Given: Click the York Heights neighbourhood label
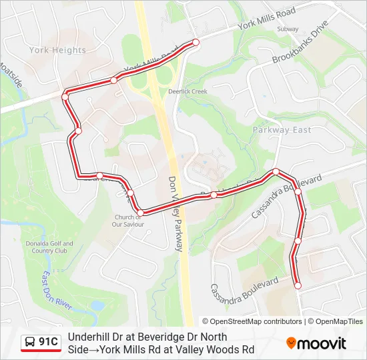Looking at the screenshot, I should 57,50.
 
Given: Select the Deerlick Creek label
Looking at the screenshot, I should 188,91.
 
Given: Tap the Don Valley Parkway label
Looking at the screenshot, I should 175,213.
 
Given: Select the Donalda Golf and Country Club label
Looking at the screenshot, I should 48,247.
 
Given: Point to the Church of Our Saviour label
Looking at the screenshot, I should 127,221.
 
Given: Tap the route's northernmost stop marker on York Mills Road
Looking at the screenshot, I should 196,42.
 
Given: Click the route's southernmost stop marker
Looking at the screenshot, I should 298,285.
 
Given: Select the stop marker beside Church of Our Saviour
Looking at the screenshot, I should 140,213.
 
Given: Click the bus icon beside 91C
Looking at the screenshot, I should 31,343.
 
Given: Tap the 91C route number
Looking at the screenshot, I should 48,343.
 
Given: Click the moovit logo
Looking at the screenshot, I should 316,343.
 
